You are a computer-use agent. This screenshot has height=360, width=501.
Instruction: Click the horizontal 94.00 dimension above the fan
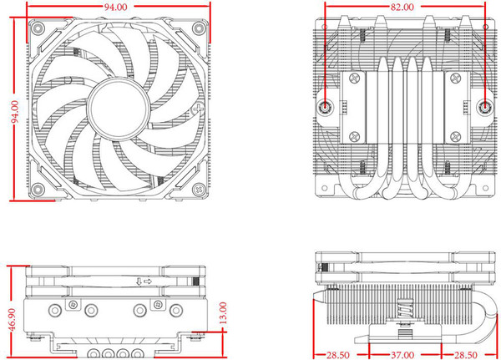pyautogui.click(x=116, y=7)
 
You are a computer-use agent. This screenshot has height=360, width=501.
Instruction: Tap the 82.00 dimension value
pyautogui.click(x=402, y=7)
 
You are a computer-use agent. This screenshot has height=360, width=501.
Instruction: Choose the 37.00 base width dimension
pyautogui.click(x=402, y=354)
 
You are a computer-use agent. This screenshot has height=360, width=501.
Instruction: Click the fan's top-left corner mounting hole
pyautogui.click(x=38, y=27)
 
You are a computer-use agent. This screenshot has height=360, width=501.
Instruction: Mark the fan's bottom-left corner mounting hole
pyautogui.click(x=38, y=189)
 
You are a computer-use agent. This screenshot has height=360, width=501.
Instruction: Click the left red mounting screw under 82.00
pyautogui.click(x=326, y=107)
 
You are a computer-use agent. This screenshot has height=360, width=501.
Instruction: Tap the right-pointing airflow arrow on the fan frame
pyautogui.click(x=147, y=281)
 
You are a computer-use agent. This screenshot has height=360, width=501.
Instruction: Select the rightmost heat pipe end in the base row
pyautogui.click(x=135, y=352)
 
